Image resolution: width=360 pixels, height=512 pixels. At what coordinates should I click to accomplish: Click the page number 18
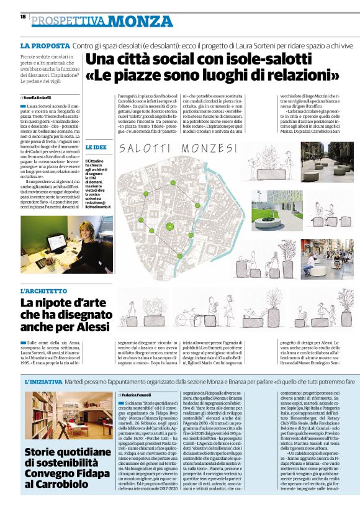(x=23, y=17)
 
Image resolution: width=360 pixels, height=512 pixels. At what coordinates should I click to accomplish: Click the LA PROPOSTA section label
(x=45, y=46)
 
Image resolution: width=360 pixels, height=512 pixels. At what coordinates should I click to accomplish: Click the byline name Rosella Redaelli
(x=40, y=99)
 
